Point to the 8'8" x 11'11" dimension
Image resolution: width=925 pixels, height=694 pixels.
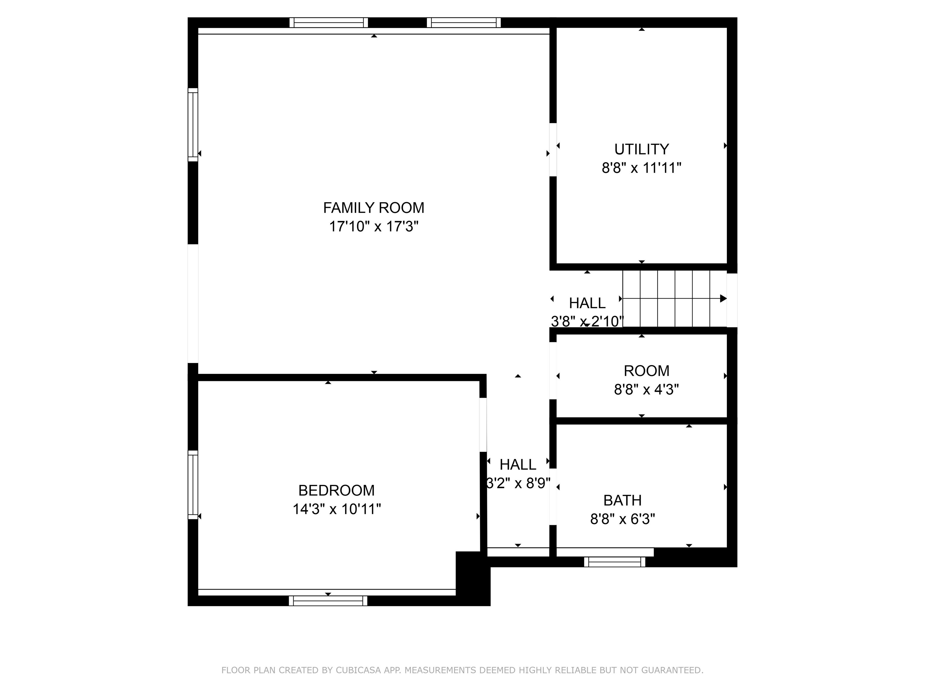(x=641, y=168)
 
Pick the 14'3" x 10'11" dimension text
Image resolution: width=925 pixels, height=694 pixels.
(x=336, y=509)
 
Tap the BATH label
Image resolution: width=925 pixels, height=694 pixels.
(x=622, y=500)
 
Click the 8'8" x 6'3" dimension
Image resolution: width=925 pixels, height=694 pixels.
(x=622, y=519)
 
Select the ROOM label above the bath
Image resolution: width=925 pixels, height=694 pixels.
(x=646, y=370)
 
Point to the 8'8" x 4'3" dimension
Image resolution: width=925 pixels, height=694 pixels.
(x=646, y=389)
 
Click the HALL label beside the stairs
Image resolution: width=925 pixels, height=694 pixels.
(x=587, y=303)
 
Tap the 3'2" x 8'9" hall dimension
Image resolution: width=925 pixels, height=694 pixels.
(x=518, y=483)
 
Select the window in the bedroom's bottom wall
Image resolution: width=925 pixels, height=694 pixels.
(x=328, y=601)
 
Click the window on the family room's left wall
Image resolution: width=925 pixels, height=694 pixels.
(x=193, y=125)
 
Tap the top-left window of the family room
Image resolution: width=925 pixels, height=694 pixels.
(x=329, y=23)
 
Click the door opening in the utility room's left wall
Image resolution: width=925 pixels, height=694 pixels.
(x=553, y=149)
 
